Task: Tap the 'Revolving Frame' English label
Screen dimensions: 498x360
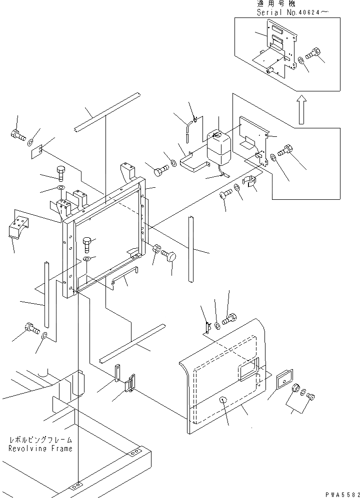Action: coord(40,448)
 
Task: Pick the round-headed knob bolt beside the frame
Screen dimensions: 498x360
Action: coord(170,257)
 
